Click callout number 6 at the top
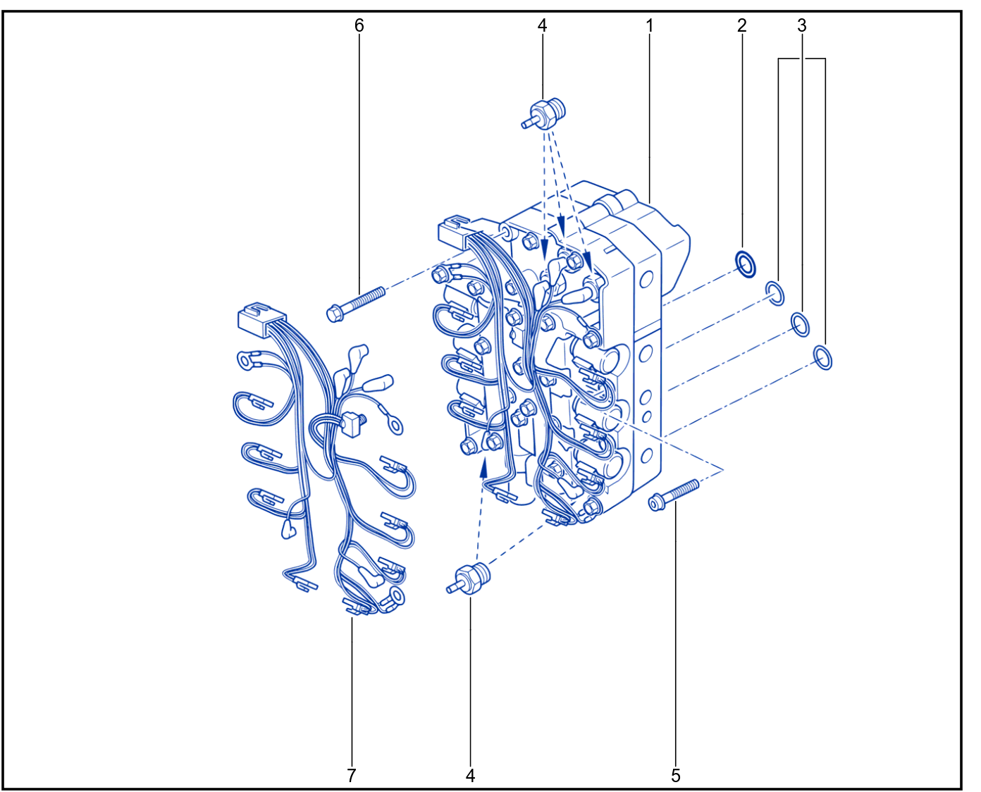[x=359, y=25]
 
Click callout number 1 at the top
[x=649, y=25]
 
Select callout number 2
[x=741, y=25]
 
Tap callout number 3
[x=802, y=25]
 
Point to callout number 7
[x=352, y=775]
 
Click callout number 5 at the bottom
[x=676, y=775]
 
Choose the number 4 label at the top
[x=542, y=25]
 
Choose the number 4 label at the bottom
[x=470, y=775]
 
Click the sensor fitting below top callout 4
[x=543, y=113]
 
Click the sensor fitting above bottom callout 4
[x=469, y=578]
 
